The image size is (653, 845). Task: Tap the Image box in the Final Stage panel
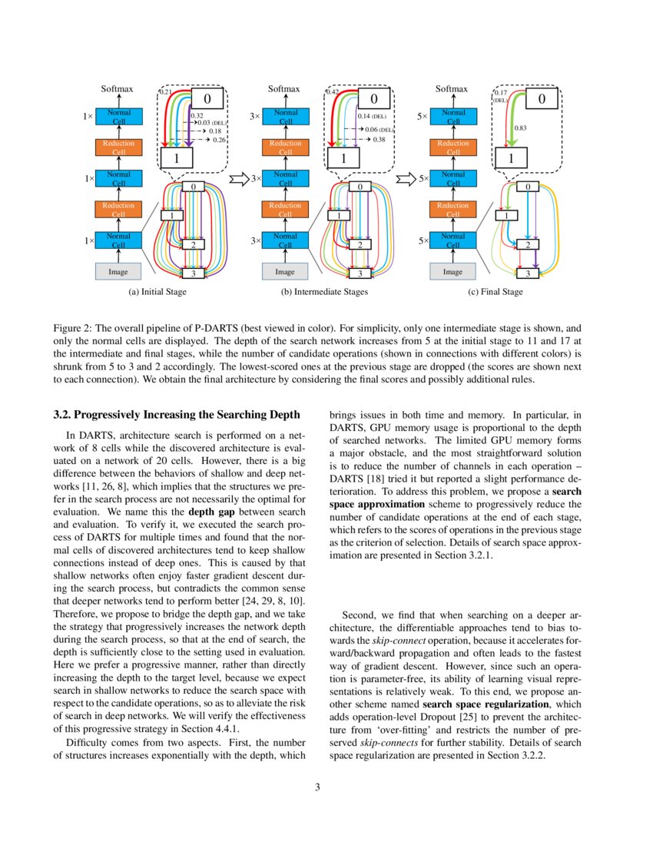453,271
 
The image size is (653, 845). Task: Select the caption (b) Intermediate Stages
324,292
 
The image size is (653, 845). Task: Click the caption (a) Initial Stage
157,292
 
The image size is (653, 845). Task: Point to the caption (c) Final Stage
496,292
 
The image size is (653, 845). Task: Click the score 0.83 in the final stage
520,129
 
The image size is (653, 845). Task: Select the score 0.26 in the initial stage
219,140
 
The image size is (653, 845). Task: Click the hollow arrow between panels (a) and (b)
236,180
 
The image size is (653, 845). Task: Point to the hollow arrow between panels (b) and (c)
403,180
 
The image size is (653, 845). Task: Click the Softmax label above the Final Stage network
452,89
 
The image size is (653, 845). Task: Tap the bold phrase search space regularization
486,704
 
